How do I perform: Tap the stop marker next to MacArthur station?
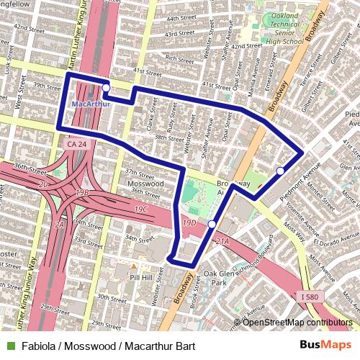tap(107, 88)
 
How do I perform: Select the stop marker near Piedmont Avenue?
tap(280, 171)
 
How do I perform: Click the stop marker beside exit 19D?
tap(212, 225)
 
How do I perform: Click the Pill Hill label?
tap(142, 276)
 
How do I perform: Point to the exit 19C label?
tap(140, 209)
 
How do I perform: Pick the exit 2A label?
tap(60, 225)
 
